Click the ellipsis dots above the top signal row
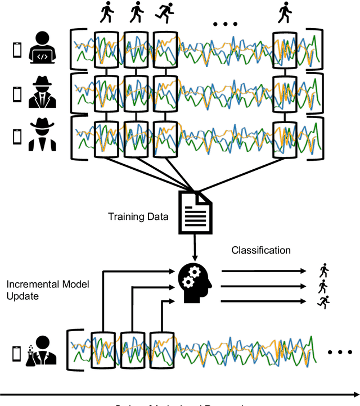click(x=226, y=24)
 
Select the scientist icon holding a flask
click(x=43, y=350)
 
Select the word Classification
click(x=261, y=250)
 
